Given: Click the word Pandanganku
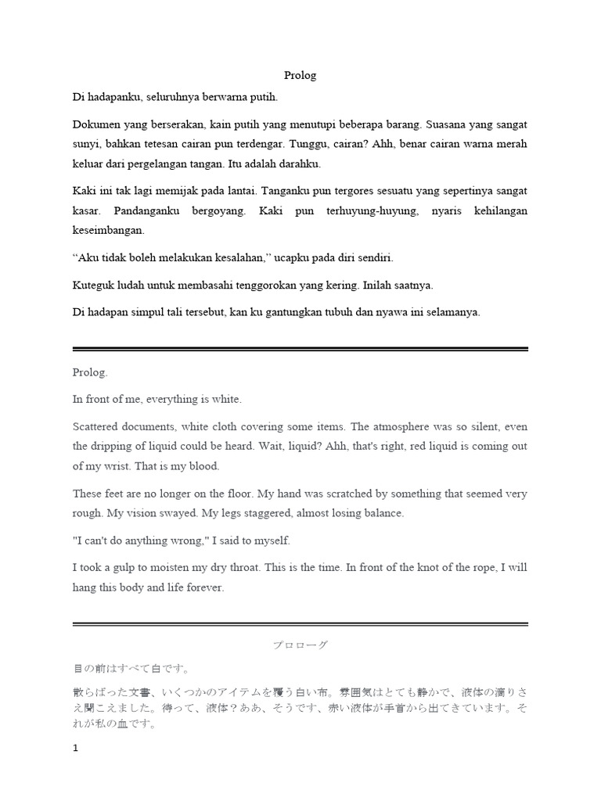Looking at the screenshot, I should coord(151,211).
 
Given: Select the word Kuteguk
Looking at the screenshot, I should coord(95,285).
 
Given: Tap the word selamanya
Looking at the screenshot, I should coord(452,311).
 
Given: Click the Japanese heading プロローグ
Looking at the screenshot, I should coord(300,645).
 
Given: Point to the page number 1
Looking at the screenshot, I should coord(76,748).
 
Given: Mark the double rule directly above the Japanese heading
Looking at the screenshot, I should coord(300,624).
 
